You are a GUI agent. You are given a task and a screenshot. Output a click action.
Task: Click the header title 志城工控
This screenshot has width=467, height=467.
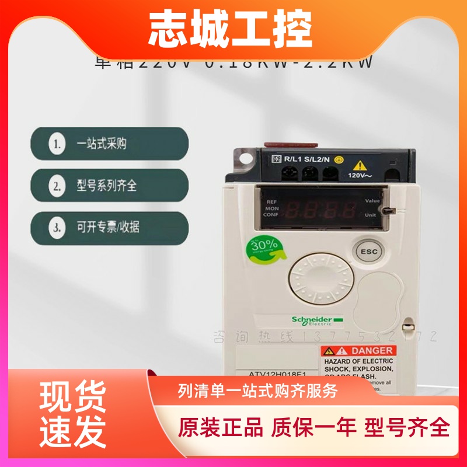230,29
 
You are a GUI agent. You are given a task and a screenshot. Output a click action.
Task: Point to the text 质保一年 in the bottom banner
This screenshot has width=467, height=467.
313,427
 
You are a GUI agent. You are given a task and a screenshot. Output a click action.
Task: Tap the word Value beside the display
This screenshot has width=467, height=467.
373,201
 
